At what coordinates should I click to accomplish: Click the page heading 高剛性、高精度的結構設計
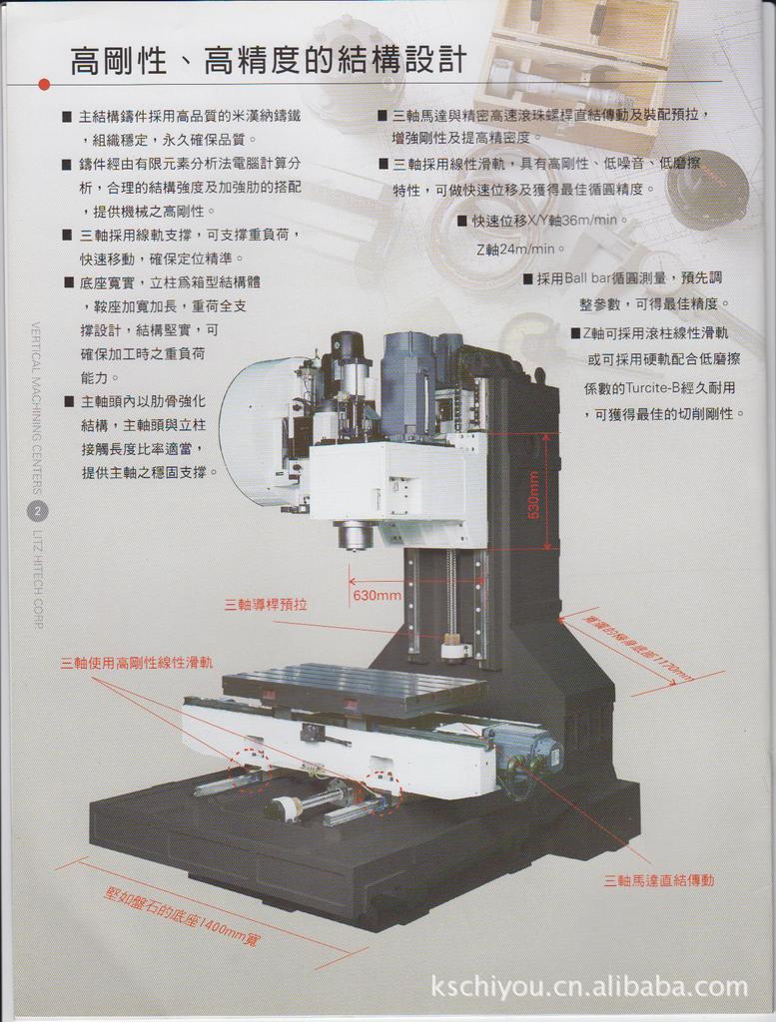click(x=268, y=61)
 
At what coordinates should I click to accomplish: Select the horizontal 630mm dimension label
click(x=378, y=596)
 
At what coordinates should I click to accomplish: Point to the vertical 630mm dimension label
click(x=533, y=493)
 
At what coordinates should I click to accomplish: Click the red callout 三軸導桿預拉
click(x=266, y=605)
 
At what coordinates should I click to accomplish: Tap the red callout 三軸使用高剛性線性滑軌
click(x=137, y=662)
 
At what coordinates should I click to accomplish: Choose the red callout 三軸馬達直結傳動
click(x=659, y=880)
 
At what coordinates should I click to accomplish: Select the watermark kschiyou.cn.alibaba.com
click(x=589, y=987)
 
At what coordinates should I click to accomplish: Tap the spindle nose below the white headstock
click(x=355, y=536)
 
